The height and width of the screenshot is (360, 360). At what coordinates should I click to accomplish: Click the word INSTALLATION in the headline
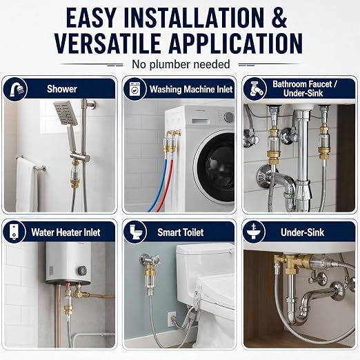tap(194, 18)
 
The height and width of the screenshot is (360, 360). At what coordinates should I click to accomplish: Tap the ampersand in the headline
tap(279, 18)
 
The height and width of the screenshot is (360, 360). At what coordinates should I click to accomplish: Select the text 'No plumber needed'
tap(181, 64)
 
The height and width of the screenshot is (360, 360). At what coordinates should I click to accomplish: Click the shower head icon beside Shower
tap(15, 89)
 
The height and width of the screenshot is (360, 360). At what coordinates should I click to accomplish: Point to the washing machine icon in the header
tap(134, 89)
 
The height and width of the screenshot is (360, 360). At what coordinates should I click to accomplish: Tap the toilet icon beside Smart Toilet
tap(134, 232)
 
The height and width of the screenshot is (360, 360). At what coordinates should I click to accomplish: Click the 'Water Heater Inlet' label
tap(66, 232)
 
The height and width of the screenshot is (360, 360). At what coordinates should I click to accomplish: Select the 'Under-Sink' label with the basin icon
tap(302, 232)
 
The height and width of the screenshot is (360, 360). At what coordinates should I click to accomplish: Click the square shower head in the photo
tap(66, 113)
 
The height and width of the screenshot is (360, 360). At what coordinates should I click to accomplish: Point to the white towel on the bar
tap(26, 185)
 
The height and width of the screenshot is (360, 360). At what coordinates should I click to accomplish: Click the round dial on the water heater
tap(82, 270)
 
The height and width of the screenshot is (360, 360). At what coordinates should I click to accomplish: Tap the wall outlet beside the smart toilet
tap(172, 319)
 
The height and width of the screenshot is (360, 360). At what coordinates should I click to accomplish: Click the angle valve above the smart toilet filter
tap(149, 259)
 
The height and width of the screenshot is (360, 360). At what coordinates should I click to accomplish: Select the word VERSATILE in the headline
tap(108, 43)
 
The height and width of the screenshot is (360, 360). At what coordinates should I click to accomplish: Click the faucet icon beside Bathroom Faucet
tap(254, 89)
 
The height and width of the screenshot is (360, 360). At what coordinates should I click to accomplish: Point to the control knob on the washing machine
tap(229, 117)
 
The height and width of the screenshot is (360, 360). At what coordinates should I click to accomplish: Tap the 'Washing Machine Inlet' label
tap(191, 89)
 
